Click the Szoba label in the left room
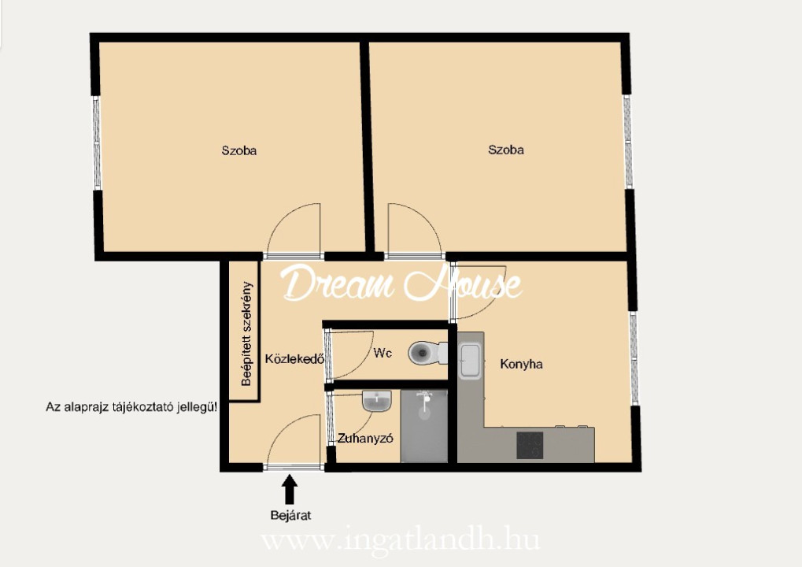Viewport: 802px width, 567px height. (x=238, y=150)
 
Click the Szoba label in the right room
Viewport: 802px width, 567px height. (x=506, y=150)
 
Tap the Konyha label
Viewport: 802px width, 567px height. (x=521, y=364)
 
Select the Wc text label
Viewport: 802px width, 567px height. (x=383, y=353)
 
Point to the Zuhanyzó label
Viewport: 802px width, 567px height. (x=364, y=439)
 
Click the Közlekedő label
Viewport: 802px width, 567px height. (x=294, y=359)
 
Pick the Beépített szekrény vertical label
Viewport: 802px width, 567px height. (x=246, y=333)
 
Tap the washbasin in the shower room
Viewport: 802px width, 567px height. (x=377, y=401)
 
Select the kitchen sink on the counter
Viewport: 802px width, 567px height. (x=470, y=360)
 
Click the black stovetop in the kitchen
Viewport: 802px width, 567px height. (x=530, y=445)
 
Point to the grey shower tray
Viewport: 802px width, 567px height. (x=424, y=426)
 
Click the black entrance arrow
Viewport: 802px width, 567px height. (x=290, y=489)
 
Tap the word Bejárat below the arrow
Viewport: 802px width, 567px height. (x=290, y=515)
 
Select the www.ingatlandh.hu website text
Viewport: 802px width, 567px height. (x=401, y=540)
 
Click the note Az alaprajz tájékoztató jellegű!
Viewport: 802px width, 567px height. (x=131, y=407)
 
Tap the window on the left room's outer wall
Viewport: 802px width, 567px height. (x=96, y=143)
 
